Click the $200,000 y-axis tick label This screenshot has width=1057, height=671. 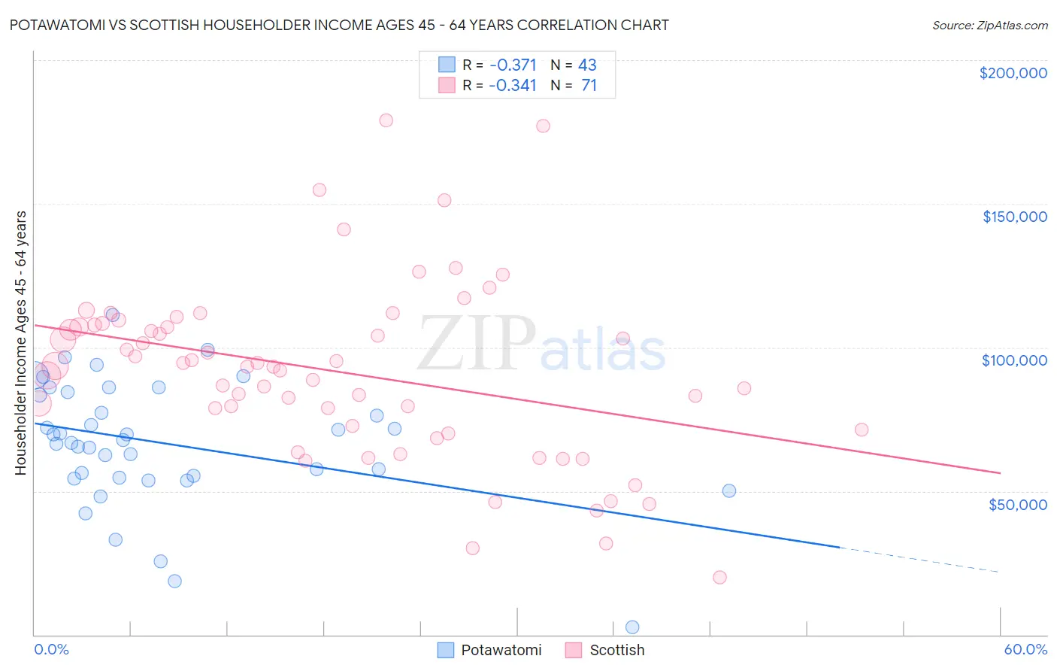point(1013,73)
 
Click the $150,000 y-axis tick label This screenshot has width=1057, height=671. point(1014,217)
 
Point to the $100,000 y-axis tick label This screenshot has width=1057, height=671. point(1014,360)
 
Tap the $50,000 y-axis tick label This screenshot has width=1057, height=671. point(1017,504)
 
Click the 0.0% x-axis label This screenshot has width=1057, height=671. point(51,649)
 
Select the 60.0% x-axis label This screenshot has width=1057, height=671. point(1025,649)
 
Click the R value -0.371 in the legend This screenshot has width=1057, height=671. point(512,65)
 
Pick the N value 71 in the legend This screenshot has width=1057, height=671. point(589,85)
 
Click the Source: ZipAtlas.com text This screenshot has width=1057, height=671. point(989,25)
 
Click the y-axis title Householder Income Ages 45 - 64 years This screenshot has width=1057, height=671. point(21,342)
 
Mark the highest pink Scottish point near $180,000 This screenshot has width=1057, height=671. point(386,120)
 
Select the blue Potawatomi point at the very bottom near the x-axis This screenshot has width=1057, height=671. point(632,627)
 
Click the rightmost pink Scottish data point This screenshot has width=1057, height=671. point(862,430)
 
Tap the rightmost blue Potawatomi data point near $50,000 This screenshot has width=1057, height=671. point(728,490)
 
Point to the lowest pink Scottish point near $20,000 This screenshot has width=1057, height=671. point(719,577)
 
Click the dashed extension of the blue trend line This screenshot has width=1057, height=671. point(917,560)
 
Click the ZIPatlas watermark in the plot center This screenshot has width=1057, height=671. point(541,345)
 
